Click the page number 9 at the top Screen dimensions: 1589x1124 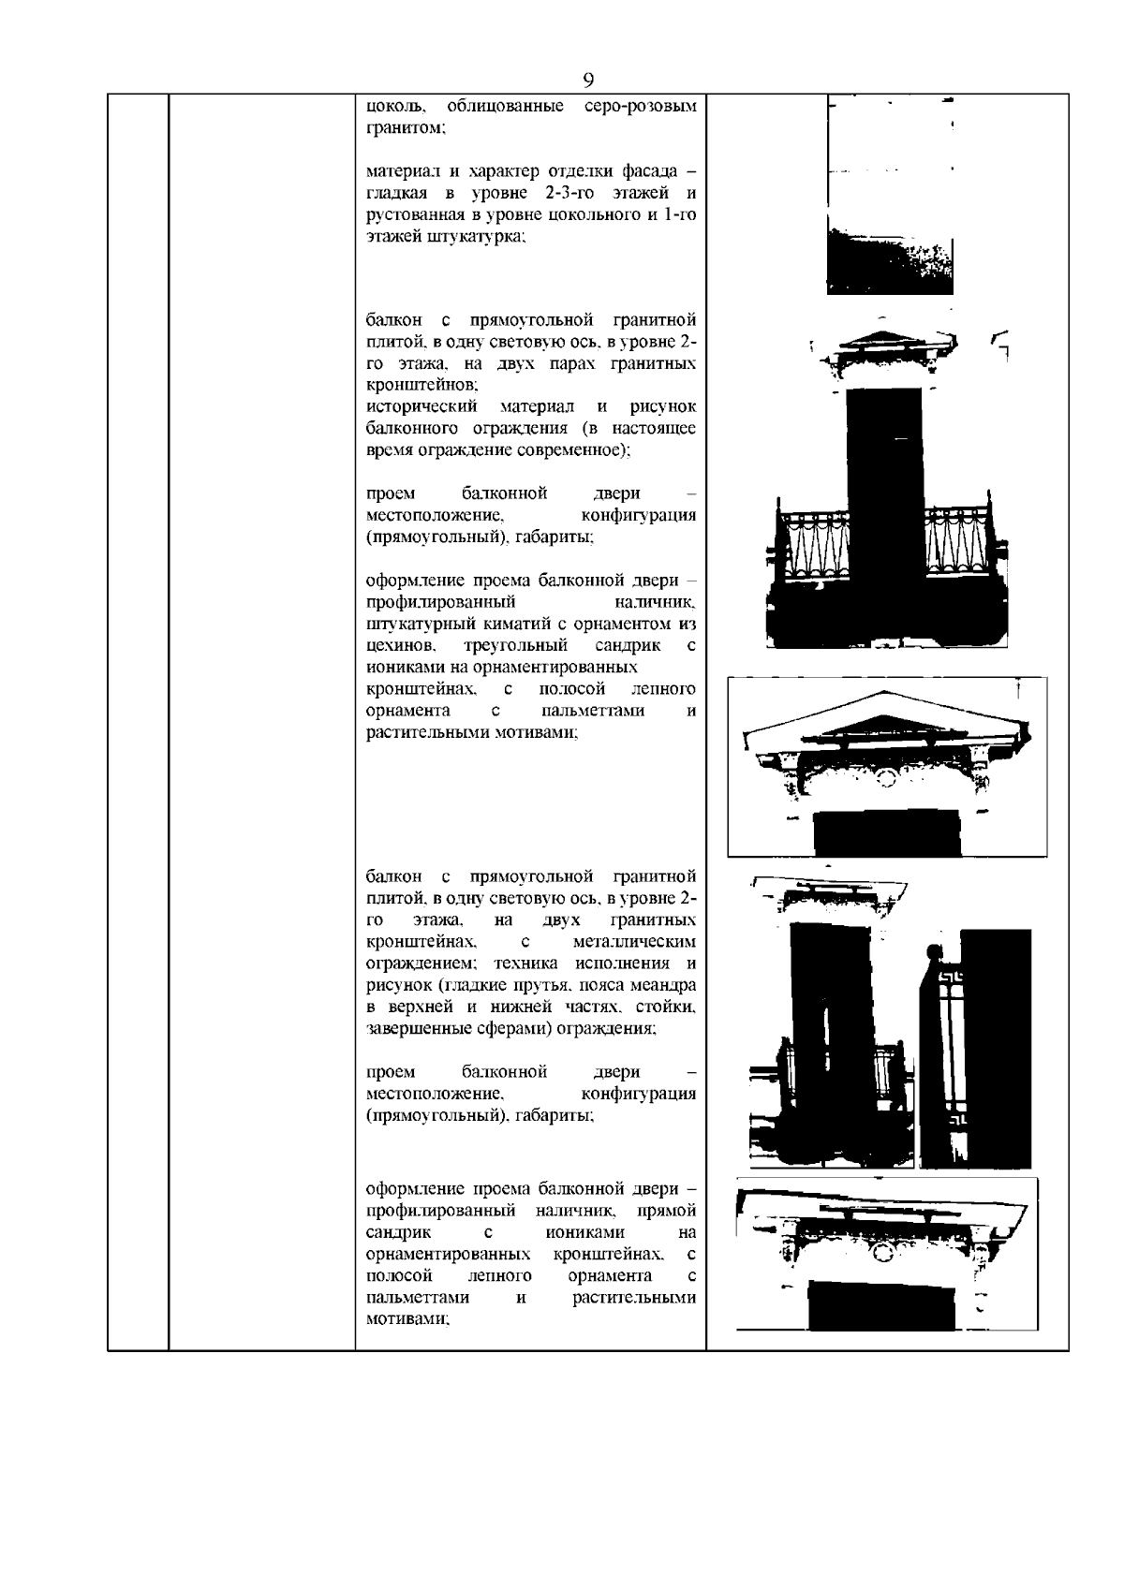pos(588,79)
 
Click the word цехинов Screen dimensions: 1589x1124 pos(400,646)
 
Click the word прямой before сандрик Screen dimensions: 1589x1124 pos(672,1211)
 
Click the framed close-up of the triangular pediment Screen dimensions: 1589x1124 pos(887,766)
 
